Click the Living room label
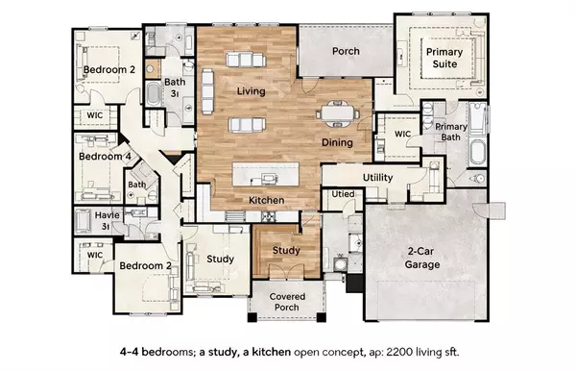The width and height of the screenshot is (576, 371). (x=251, y=91)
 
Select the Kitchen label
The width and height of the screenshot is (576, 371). (x=266, y=199)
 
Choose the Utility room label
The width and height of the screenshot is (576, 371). (x=378, y=178)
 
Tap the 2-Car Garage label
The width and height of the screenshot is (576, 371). (x=421, y=258)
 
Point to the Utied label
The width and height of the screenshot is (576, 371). (x=344, y=195)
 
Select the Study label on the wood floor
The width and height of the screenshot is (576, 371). (x=286, y=251)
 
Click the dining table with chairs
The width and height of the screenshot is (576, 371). (x=337, y=111)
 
